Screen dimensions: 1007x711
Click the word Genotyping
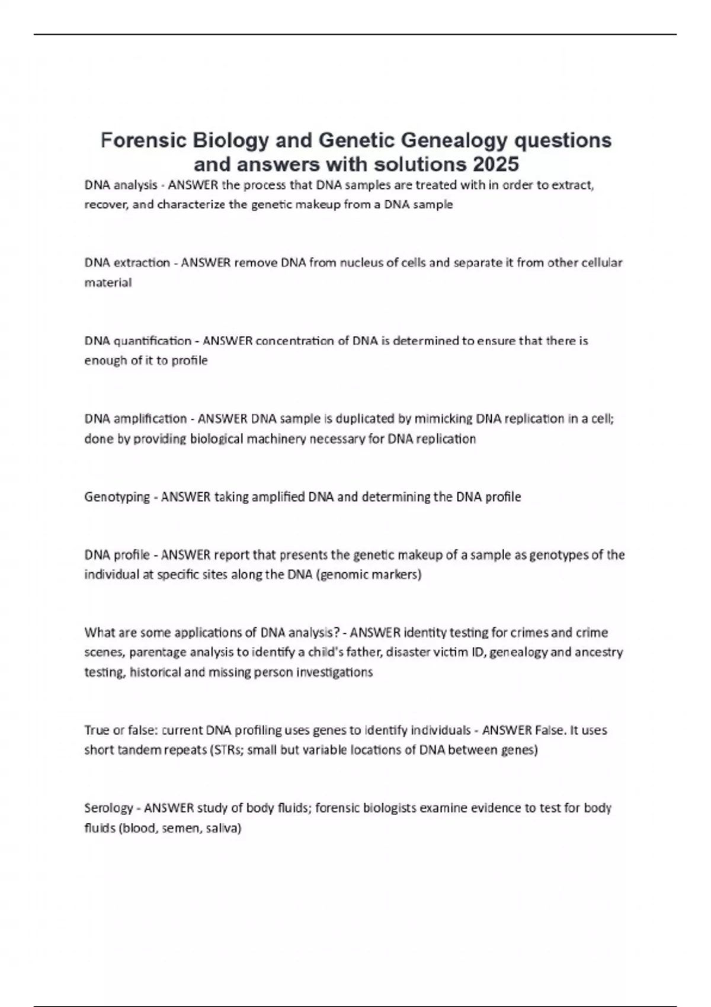[117, 497]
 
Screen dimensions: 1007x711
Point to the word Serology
[108, 808]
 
